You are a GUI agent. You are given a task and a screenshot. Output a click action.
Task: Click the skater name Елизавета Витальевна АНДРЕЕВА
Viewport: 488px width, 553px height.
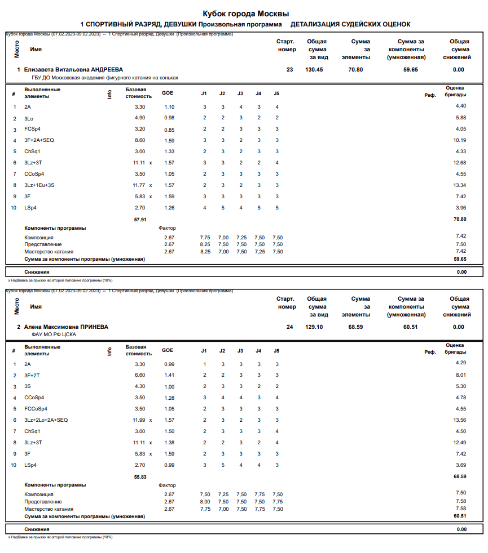pos(73,70)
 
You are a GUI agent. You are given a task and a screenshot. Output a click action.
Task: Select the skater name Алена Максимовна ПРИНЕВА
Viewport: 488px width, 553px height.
pos(66,327)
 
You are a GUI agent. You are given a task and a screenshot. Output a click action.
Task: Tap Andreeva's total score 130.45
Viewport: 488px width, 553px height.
pos(314,70)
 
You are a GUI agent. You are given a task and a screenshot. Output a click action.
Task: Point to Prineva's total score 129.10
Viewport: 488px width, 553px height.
pos(314,327)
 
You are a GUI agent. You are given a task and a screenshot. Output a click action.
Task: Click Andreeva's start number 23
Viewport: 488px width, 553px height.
pos(289,70)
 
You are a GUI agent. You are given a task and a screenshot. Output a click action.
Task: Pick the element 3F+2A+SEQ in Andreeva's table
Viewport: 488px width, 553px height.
pos(39,140)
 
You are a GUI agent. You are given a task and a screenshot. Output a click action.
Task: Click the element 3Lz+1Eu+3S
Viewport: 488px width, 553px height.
pos(39,185)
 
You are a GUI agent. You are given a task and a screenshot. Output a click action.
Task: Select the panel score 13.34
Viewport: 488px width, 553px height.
pos(460,185)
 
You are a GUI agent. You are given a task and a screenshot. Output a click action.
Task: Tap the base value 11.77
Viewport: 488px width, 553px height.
pos(139,185)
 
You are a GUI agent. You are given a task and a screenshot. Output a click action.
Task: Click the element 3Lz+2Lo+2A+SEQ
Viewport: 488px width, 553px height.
pos(46,420)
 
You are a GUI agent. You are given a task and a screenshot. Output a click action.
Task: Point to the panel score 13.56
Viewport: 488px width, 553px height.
pos(460,420)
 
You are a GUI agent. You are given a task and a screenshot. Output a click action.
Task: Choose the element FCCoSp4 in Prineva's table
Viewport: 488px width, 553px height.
pos(36,409)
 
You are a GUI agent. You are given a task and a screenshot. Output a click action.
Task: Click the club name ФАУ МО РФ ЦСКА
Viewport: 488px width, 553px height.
pos(54,335)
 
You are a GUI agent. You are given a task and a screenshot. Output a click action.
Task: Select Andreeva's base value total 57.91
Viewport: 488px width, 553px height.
pos(140,220)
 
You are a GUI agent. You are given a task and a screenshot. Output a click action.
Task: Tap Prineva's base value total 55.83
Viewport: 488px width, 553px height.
pos(140,477)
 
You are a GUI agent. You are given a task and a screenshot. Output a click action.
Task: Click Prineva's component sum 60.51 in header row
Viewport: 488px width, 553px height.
pos(410,327)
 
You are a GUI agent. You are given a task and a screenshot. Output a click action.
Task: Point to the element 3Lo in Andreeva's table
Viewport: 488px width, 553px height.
pos(28,118)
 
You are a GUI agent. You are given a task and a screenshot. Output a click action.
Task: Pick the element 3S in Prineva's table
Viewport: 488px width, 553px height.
pos(28,386)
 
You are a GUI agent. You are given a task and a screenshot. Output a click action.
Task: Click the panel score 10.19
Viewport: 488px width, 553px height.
pos(460,140)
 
